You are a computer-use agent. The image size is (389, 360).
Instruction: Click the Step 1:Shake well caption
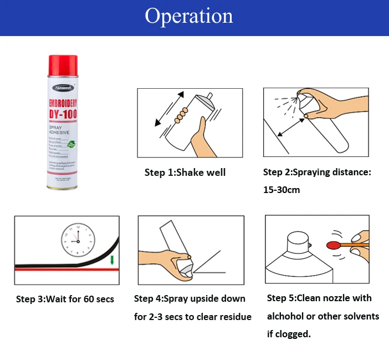tap(185, 173)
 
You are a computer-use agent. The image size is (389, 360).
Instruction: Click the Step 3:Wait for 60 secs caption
tap(65, 300)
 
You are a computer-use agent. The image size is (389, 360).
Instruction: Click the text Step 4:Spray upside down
tap(190, 298)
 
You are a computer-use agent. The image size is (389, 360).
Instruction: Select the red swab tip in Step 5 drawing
tap(334, 244)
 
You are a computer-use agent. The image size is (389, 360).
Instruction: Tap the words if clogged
tap(289, 334)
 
